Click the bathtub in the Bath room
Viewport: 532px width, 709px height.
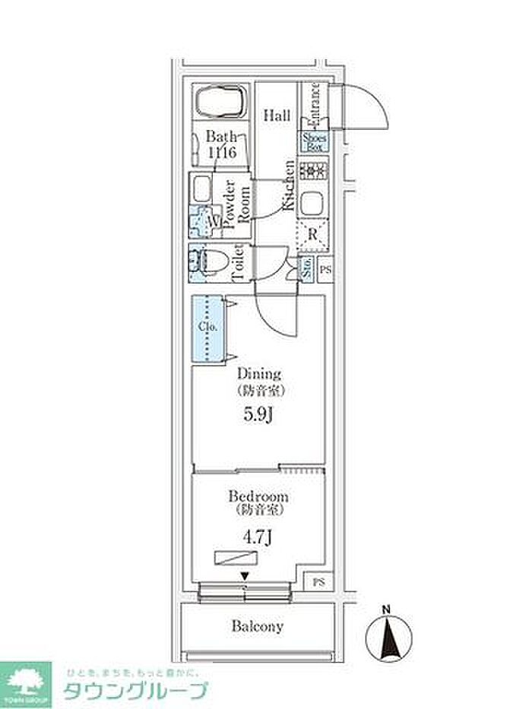click(x=221, y=101)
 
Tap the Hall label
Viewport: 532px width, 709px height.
click(x=277, y=116)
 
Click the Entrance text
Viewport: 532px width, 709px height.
click(x=315, y=106)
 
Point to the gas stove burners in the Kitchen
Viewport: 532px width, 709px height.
click(x=312, y=171)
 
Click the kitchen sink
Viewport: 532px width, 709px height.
click(x=312, y=203)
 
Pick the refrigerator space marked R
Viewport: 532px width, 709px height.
click(x=312, y=233)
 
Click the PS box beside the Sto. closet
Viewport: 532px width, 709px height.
click(x=325, y=269)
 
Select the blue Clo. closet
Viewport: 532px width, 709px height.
click(x=208, y=328)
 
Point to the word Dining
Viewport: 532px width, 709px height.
click(x=259, y=374)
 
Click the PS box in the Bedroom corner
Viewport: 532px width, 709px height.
click(x=318, y=581)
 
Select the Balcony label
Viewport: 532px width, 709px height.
click(x=258, y=627)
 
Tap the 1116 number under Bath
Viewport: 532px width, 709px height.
click(x=223, y=153)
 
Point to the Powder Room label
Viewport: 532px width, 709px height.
click(x=237, y=203)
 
